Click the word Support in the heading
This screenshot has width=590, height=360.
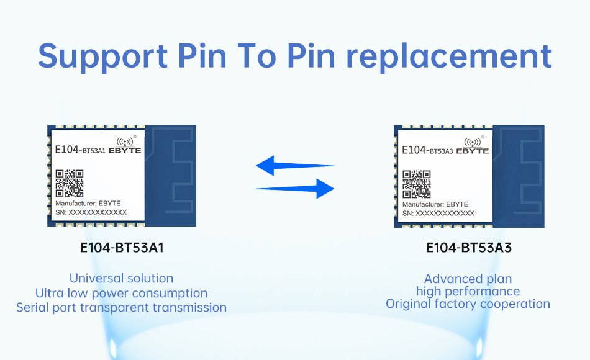pyautogui.click(x=102, y=57)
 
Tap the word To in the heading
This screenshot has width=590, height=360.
pyautogui.click(x=257, y=56)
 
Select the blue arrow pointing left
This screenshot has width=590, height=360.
pyautogui.click(x=295, y=166)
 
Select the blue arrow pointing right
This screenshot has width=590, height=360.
pyautogui.click(x=295, y=189)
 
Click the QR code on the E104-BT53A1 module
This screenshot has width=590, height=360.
pyautogui.click(x=70, y=184)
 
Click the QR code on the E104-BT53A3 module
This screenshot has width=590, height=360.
pyautogui.click(x=417, y=184)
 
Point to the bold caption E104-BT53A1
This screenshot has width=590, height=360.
pyautogui.click(x=122, y=248)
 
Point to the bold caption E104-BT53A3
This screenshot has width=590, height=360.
pyautogui.click(x=469, y=248)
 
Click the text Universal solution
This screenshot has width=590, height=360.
pyautogui.click(x=121, y=278)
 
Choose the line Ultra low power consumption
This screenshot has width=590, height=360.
pyautogui.click(x=121, y=293)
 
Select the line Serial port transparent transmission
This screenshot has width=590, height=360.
pyautogui.click(x=121, y=308)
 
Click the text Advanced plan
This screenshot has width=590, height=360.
pyautogui.click(x=468, y=279)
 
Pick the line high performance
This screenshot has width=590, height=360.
pyautogui.click(x=468, y=292)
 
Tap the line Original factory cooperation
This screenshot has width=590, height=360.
pyautogui.click(x=468, y=304)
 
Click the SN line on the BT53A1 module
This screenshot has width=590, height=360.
pyautogui.click(x=91, y=212)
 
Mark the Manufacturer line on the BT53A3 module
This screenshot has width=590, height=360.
pyautogui.click(x=435, y=204)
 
